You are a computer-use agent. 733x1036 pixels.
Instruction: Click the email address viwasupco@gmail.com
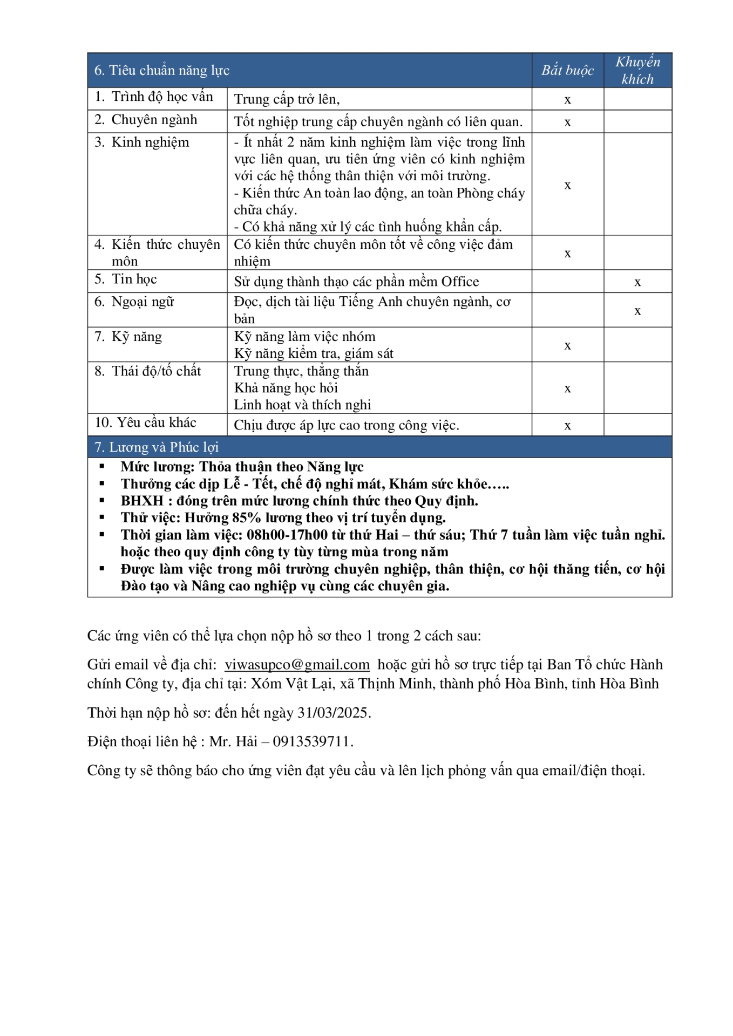click(297, 665)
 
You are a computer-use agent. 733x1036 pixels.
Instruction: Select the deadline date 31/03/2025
click(332, 713)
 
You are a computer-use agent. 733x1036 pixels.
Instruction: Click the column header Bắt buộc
click(567, 70)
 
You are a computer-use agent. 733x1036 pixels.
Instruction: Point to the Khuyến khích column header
click(637, 70)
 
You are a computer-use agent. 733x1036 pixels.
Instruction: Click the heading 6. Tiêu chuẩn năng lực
click(162, 71)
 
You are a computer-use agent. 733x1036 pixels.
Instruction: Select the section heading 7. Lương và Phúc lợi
click(157, 447)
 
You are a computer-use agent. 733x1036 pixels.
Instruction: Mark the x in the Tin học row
click(637, 282)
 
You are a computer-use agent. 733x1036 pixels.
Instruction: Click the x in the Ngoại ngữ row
click(637, 311)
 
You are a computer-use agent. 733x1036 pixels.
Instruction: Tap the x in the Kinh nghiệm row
click(567, 185)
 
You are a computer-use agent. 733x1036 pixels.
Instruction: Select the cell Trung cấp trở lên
click(287, 99)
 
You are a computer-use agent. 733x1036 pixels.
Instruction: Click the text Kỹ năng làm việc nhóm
click(304, 337)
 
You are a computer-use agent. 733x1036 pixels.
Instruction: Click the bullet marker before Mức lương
click(102, 467)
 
